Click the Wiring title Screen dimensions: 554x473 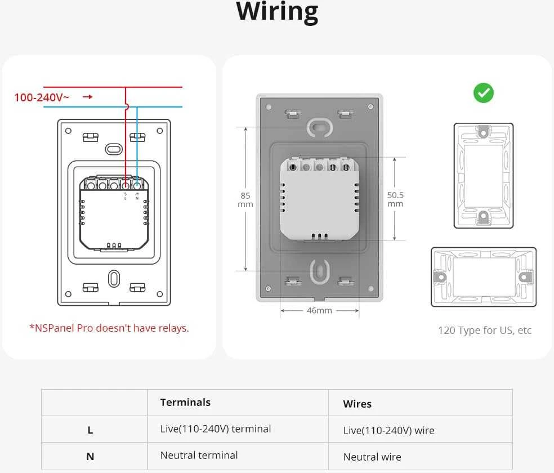(278, 12)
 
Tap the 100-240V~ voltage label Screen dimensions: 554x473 (41, 97)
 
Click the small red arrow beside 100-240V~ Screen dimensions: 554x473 (88, 97)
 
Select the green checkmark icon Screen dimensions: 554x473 (483, 93)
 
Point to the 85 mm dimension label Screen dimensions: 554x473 (245, 200)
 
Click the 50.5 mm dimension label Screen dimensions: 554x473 (395, 199)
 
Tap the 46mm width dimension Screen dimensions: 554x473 (319, 310)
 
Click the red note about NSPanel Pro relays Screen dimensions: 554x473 (109, 328)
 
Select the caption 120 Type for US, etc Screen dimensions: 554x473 (485, 331)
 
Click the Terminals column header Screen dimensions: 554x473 (185, 403)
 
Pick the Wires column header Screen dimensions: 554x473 (357, 404)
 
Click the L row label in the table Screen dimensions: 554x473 (90, 430)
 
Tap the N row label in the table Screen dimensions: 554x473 (90, 457)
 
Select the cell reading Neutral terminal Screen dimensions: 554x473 (199, 456)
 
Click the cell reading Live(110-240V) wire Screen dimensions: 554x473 (388, 431)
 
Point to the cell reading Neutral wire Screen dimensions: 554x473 (372, 457)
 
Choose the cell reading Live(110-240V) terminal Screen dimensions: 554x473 (216, 429)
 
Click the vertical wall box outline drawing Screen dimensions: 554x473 (483, 176)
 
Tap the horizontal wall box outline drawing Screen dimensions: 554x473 (484, 277)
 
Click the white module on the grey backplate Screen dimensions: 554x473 (319, 199)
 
